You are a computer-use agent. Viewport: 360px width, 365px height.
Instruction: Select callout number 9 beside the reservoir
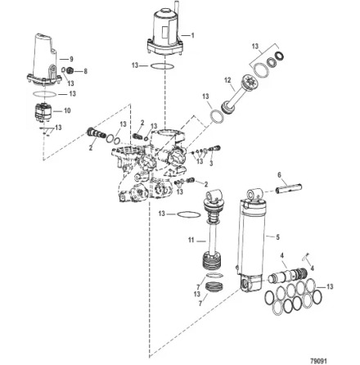point(71,59)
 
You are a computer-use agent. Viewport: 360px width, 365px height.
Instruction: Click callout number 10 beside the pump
point(67,110)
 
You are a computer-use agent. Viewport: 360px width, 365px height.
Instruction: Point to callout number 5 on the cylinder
point(277,237)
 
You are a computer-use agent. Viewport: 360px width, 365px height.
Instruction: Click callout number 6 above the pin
point(279,174)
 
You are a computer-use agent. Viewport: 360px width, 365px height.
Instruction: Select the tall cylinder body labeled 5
point(252,237)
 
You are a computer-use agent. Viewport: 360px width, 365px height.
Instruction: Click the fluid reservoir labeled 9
point(44,57)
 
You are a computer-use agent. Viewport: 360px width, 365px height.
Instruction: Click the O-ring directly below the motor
point(164,66)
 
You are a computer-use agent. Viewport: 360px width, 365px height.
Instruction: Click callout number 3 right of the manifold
point(210,164)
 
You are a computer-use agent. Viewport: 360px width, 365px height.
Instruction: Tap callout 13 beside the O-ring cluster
point(329,287)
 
